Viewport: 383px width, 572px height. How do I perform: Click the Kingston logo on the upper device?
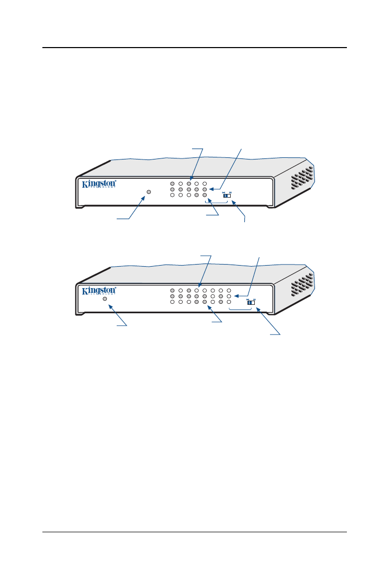98,185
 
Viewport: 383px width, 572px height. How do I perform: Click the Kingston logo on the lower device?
98,291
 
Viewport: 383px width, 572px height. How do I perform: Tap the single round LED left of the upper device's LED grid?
149,192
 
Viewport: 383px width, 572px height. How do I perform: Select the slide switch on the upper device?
227,196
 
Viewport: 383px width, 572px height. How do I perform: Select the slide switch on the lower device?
251,302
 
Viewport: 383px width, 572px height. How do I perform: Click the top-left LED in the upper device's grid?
172,184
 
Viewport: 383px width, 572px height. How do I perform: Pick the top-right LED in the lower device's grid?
229,290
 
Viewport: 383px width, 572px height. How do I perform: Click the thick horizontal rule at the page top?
194,48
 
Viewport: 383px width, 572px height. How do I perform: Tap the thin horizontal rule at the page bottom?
194,533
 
